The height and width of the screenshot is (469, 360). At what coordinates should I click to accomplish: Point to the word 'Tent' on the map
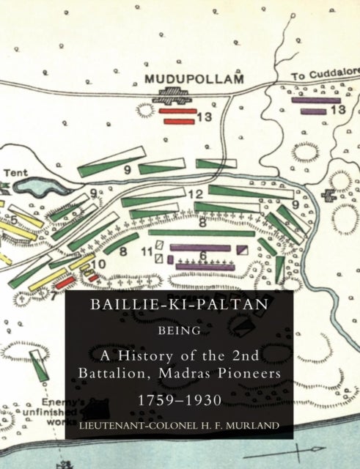15,174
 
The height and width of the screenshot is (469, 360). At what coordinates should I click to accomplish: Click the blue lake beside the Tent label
36,185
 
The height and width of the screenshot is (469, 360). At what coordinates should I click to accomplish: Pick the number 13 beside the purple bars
338,110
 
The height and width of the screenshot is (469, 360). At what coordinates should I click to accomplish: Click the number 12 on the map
194,194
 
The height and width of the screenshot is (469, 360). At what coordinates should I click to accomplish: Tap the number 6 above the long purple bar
204,255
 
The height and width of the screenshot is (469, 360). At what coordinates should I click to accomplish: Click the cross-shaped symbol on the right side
331,196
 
